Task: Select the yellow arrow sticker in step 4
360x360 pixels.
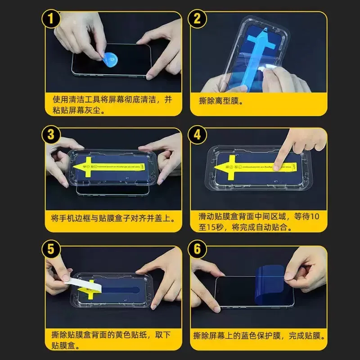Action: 252,166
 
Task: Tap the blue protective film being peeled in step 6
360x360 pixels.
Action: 269,282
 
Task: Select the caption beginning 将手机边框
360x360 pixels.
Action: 112,218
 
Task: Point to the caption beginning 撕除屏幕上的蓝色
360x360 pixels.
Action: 259,336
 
